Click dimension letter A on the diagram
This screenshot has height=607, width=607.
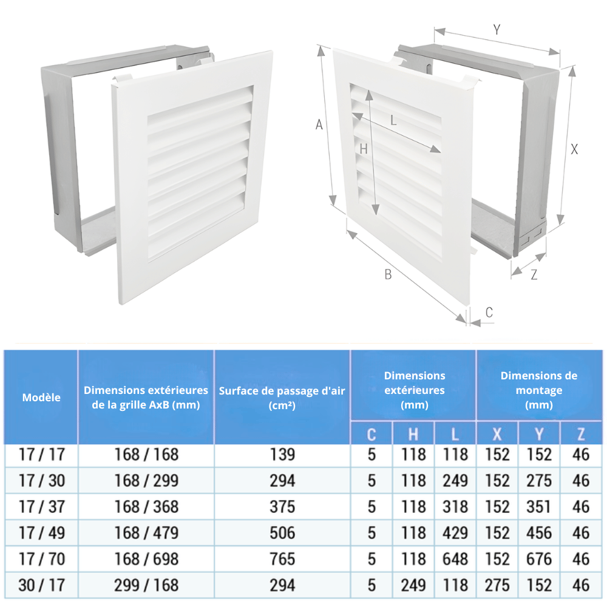tap(319, 124)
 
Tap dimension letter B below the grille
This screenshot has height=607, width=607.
tap(388, 274)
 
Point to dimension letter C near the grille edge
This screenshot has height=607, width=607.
tap(489, 313)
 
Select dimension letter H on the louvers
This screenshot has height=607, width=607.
tap(363, 149)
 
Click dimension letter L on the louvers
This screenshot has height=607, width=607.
tap(393, 121)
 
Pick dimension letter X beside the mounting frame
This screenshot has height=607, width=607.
tap(574, 149)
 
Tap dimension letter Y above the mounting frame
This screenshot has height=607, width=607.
tap(497, 29)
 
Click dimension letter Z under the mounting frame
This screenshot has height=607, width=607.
tap(534, 274)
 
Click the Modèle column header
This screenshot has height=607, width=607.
tap(41, 398)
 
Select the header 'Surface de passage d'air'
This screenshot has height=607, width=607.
tap(282, 391)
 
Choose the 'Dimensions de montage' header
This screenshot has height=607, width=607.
tap(539, 383)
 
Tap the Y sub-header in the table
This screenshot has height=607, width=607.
tap(539, 435)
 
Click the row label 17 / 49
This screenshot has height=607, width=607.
tap(41, 533)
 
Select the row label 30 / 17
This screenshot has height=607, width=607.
tap(41, 585)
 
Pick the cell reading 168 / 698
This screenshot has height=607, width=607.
tap(146, 559)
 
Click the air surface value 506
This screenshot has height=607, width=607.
tap(282, 533)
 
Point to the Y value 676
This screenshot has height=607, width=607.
tap(539, 559)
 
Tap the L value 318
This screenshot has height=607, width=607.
tap(455, 507)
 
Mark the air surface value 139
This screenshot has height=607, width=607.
tap(282, 455)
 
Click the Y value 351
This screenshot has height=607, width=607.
tap(538, 507)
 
